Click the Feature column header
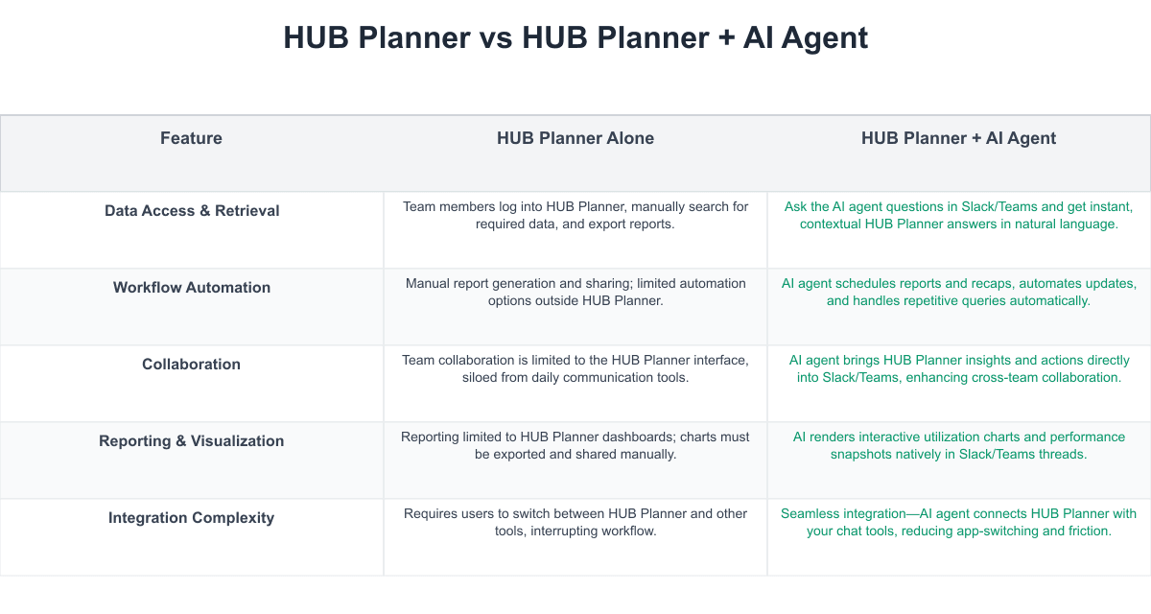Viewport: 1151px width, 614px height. pos(191,138)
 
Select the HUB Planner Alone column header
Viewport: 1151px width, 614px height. pos(575,138)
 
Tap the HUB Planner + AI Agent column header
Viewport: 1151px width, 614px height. pos(958,138)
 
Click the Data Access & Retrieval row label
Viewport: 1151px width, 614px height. pos(192,211)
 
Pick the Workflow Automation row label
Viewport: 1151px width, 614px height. pos(192,287)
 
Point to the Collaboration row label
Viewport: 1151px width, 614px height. pos(191,365)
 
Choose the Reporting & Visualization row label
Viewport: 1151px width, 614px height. pos(191,441)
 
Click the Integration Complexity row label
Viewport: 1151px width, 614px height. pos(191,517)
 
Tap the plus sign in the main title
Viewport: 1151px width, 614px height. pos(726,38)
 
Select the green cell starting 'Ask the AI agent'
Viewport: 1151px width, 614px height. pos(959,215)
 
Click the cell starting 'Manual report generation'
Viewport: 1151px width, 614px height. pos(575,292)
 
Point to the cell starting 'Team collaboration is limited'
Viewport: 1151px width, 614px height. pos(575,368)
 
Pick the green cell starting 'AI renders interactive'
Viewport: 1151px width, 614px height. pos(959,445)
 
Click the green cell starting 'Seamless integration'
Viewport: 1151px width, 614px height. pos(959,522)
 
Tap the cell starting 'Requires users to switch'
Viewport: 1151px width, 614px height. pos(575,522)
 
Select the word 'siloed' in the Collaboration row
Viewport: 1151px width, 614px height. pos(479,377)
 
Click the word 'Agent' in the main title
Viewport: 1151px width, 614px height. pos(825,39)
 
